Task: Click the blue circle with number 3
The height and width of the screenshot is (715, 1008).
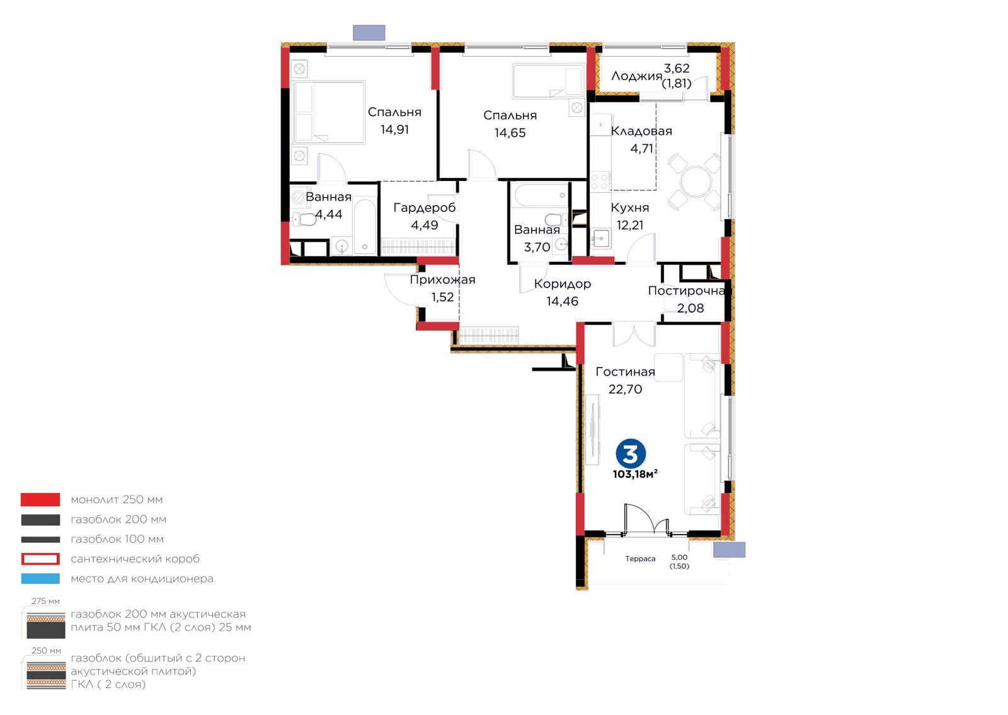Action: [631, 453]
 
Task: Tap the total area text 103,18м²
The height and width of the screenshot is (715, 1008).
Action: [635, 474]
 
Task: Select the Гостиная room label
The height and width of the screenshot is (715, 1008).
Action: [625, 371]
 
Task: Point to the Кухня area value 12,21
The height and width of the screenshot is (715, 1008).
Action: [629, 225]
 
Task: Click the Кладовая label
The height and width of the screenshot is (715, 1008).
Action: [641, 131]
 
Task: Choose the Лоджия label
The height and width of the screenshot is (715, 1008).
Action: [636, 76]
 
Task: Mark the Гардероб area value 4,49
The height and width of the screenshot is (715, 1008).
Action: [425, 225]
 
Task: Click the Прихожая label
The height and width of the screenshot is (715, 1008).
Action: [442, 280]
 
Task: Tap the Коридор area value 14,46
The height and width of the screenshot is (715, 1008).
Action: [562, 301]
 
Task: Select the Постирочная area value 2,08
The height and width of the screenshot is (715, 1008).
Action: [690, 308]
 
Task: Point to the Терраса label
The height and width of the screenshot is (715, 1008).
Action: [640, 559]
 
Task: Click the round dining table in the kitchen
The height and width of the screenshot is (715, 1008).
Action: [696, 182]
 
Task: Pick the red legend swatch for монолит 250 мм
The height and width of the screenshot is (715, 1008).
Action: [40, 499]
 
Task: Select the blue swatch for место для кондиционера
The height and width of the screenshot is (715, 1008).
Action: [40, 579]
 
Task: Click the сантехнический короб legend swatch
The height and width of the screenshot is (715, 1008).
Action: [40, 559]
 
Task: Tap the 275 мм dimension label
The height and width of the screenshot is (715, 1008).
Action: [45, 602]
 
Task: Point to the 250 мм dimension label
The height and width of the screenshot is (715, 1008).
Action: [46, 651]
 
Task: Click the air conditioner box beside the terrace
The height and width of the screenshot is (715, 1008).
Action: [729, 550]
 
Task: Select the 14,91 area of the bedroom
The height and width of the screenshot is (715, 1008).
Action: [394, 130]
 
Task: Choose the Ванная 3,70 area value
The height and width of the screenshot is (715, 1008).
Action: [537, 247]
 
